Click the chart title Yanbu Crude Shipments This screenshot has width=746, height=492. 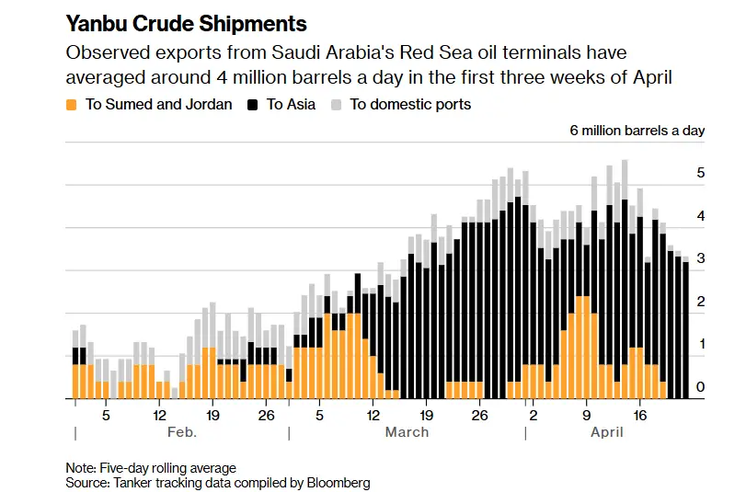(186, 22)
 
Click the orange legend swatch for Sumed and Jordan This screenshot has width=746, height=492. (73, 104)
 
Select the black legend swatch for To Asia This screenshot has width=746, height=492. (253, 104)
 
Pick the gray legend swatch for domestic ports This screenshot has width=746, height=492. (337, 104)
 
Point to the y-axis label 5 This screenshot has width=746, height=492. (700, 173)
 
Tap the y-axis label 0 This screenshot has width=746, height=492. (700, 388)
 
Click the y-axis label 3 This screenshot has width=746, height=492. (700, 259)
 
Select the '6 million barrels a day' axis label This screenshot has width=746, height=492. (637, 131)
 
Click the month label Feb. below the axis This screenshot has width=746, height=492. (181, 432)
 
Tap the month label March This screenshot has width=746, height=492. (407, 432)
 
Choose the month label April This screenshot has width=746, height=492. (606, 432)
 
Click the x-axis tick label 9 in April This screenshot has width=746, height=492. (586, 415)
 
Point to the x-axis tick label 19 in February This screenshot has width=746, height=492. (212, 415)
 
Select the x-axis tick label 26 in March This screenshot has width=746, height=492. (479, 415)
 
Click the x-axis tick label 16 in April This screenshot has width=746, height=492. (640, 415)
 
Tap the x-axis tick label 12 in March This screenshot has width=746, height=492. (373, 415)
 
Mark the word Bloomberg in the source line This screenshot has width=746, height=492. (338, 482)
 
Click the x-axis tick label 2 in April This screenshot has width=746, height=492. (533, 415)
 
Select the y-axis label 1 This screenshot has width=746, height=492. (700, 345)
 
